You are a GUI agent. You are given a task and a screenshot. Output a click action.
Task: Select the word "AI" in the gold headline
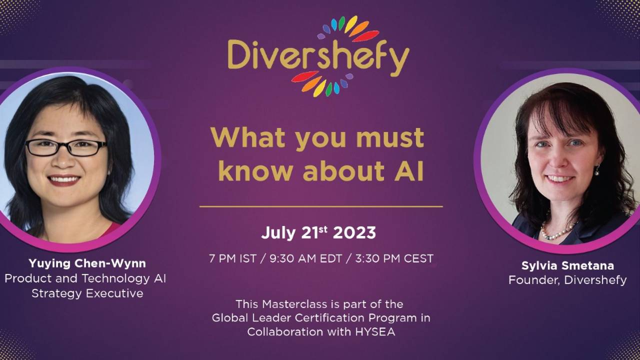click(409, 171)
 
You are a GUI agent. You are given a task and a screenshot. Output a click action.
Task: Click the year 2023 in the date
click(354, 233)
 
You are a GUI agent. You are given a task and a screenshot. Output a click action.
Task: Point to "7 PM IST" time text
click(232, 258)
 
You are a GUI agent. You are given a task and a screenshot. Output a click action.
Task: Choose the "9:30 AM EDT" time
click(305, 258)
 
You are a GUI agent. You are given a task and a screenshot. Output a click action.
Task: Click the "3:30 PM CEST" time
click(394, 258)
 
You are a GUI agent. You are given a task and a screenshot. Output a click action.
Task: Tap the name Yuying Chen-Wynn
click(87, 263)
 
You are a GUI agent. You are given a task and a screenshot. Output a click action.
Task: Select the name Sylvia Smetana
click(567, 265)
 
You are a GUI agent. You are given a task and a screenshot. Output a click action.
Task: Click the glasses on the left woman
click(66, 147)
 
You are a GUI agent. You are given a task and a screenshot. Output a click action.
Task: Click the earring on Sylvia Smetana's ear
click(597, 171)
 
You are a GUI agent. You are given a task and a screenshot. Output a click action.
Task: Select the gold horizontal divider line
click(321, 206)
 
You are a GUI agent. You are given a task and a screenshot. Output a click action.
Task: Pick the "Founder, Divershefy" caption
click(567, 280)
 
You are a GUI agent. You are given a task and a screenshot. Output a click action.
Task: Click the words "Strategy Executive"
click(87, 293)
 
